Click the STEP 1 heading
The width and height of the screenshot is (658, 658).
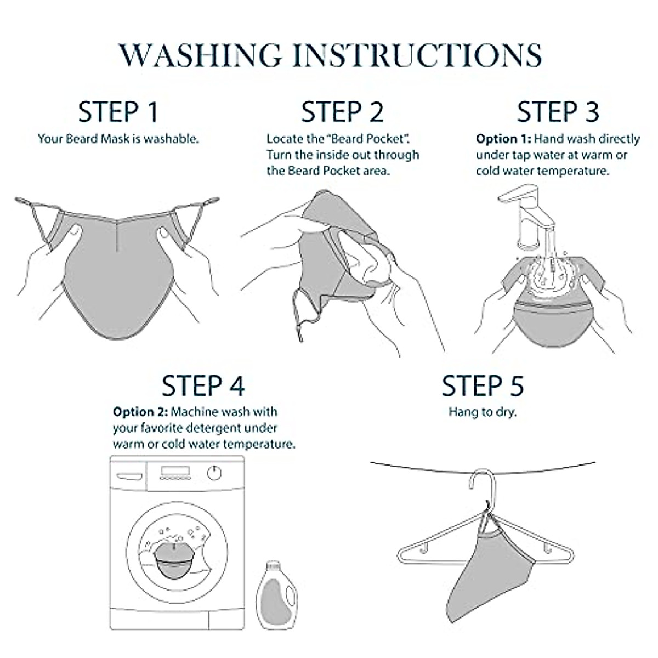pos(118,112)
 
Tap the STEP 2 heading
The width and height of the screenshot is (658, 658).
pos(342,112)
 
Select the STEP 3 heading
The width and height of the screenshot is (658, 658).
pos(558,112)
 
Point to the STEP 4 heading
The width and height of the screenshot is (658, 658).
pos(203,386)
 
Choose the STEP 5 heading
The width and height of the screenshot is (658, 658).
pos(483,386)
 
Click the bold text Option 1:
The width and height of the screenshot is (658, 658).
pos(504,139)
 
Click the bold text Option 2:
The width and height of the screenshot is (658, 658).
pos(140,412)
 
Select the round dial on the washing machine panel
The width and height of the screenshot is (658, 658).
pos(214,473)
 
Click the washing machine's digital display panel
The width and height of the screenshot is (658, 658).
pos(175,471)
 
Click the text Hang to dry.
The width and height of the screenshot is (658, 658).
pos(483,412)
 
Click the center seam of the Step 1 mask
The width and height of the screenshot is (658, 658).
pos(117,236)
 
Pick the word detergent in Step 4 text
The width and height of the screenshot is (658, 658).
pos(216,428)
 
